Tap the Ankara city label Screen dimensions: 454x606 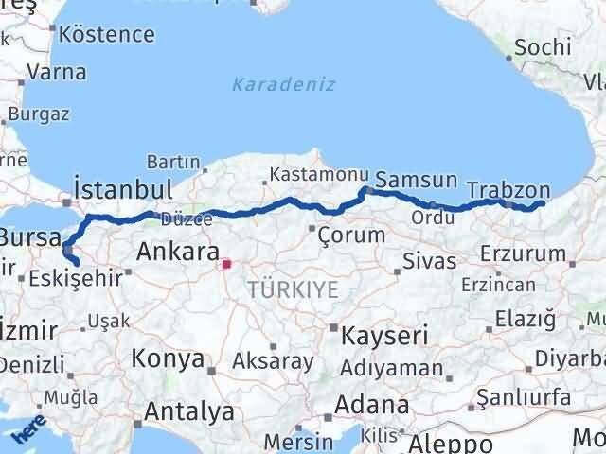tap(178, 252)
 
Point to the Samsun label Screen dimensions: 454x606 tap(417, 180)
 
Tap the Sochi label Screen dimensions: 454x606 tap(544, 46)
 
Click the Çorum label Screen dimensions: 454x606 tap(351, 234)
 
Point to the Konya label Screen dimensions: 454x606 tap(168, 359)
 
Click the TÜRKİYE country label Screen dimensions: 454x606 tap(293, 290)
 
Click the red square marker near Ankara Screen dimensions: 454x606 tap(225, 266)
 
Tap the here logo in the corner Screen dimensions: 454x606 tap(27, 432)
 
